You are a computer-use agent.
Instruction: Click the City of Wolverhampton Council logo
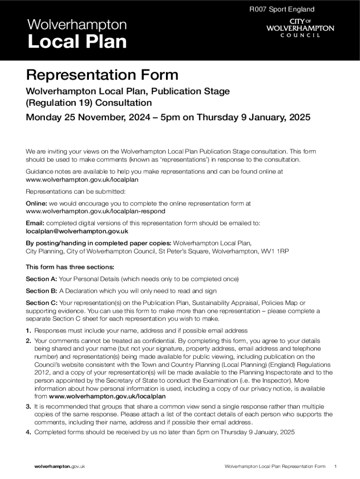coord(300,28)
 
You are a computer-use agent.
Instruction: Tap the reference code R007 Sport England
coord(281,9)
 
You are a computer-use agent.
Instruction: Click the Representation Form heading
coord(102,75)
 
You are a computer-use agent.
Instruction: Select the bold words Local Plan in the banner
coord(77,42)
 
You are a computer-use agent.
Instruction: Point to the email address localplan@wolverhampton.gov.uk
coord(77,231)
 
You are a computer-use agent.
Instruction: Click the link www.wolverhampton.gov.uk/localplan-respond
coord(95,211)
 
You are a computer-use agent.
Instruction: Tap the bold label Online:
coord(36,203)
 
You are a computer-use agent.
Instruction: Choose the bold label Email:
coord(35,223)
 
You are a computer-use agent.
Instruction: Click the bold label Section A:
coord(41,279)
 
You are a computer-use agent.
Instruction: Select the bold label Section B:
coord(41,291)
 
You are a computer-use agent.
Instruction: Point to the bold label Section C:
coord(42,303)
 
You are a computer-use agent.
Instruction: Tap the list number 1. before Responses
coord(29,331)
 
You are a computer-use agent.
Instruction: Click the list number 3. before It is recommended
coord(29,406)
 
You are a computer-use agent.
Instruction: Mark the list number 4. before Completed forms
coord(29,432)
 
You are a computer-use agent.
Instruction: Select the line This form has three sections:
coord(70,267)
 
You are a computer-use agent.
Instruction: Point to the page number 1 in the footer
coord(336,466)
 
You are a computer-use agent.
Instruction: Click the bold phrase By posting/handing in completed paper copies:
coord(99,243)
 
